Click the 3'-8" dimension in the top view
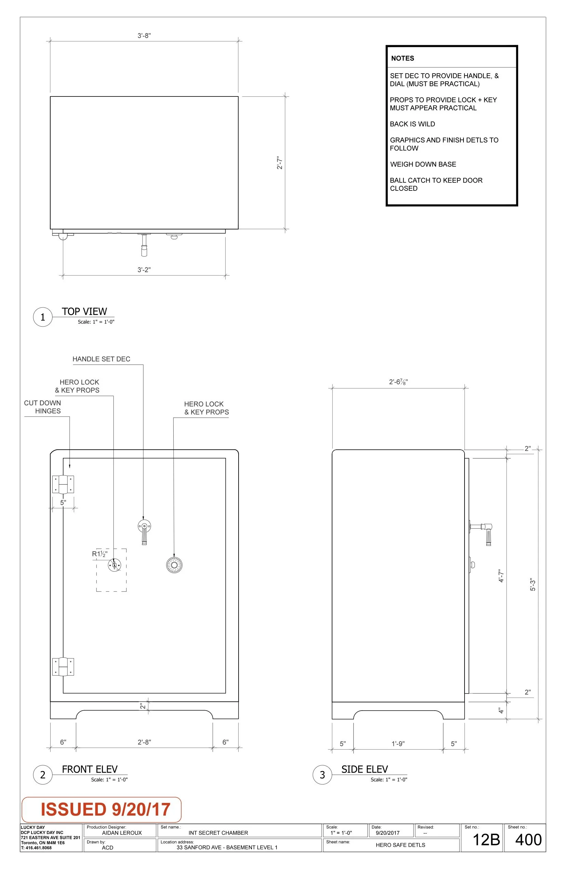144,36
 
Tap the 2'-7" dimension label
280,163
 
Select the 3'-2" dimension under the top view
144,270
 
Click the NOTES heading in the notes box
403,58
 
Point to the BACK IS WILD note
412,124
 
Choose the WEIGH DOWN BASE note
423,164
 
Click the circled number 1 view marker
43,317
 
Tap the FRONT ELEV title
90,769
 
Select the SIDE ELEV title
364,769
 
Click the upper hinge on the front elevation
63,484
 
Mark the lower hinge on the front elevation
63,666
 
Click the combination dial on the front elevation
174,565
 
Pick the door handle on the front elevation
144,531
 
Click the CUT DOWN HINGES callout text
43,407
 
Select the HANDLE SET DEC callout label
102,359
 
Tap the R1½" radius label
99,554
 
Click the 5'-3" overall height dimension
533,584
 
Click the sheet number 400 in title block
528,840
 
